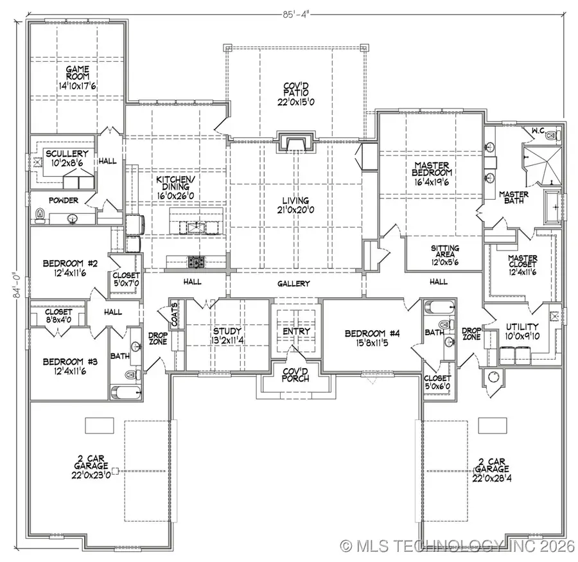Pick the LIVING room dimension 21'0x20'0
tap(294, 209)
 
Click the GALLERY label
tap(294, 283)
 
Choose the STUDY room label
tap(227, 331)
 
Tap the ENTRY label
tap(296, 331)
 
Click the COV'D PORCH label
tap(296, 374)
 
